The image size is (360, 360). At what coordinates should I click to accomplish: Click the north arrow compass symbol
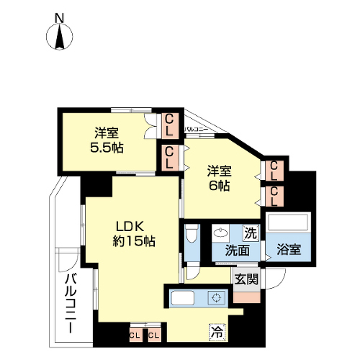(59, 37)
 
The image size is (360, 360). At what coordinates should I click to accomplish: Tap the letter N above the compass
(60, 18)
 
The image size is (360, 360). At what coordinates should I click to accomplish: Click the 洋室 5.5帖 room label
(107, 140)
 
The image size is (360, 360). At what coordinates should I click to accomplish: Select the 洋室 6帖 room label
(220, 178)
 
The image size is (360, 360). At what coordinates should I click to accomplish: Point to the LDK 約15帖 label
(134, 234)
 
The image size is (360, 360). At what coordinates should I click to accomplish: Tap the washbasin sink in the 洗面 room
(220, 233)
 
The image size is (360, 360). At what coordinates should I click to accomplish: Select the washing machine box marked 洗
(251, 233)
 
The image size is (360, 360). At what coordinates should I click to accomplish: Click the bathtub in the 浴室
(288, 222)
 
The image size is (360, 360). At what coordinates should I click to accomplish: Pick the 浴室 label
(289, 250)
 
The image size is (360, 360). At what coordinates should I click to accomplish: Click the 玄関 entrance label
(246, 279)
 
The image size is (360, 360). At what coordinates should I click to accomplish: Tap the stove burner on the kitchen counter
(217, 298)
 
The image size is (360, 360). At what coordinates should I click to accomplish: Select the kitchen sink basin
(183, 298)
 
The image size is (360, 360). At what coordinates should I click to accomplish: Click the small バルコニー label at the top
(196, 130)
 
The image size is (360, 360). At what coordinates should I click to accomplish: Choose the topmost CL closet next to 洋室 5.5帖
(170, 125)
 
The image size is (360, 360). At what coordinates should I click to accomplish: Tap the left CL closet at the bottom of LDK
(135, 335)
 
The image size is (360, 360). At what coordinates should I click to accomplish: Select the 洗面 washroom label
(237, 251)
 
